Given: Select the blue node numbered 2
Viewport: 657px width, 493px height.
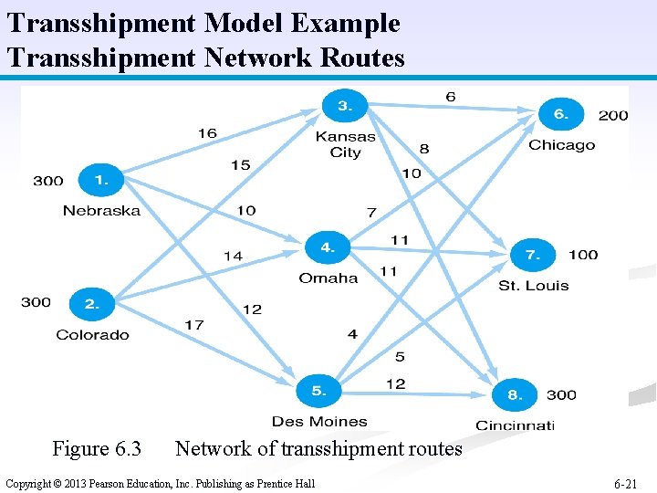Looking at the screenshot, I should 90,303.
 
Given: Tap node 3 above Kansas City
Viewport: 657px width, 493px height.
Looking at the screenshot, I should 344,107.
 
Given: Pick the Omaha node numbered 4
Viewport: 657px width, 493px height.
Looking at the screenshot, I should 327,247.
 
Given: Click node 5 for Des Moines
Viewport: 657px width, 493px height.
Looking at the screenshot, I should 318,391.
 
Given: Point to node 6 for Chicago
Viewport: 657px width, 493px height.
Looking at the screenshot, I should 560,115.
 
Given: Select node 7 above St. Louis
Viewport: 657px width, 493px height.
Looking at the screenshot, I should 533,256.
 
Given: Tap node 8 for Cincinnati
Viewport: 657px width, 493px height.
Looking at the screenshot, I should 515,395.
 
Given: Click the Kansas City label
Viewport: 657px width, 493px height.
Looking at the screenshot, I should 345,144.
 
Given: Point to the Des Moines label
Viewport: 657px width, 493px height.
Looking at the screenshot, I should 319,422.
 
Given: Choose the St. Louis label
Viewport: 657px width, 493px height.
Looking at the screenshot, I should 533,286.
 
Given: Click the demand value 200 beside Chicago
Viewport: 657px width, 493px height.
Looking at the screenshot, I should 613,115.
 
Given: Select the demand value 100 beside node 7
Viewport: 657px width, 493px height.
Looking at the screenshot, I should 583,255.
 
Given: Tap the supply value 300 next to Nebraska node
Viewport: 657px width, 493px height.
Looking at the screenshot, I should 48,181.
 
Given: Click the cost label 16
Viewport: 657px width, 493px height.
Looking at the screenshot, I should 207,133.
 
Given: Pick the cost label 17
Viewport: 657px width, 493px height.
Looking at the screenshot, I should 193,324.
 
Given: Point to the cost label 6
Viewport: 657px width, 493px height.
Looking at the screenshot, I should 451,97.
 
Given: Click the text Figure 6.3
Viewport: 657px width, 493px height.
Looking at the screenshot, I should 97,449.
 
